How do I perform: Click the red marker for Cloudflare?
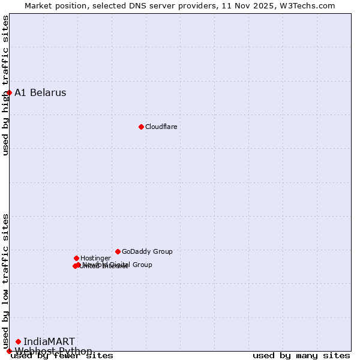[x=141, y=127]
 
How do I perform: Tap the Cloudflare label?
[x=161, y=127]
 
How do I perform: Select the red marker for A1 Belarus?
[x=9, y=92]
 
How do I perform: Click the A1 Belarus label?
[x=40, y=92]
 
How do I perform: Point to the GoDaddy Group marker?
[x=118, y=251]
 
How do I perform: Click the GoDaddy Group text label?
[x=147, y=251]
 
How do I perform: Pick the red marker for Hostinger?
[x=76, y=258]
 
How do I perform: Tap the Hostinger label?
[x=95, y=258]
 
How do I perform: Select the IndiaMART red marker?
[x=18, y=341]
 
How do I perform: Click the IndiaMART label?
[x=49, y=341]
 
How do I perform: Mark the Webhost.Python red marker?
[x=9, y=351]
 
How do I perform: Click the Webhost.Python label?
[x=53, y=351]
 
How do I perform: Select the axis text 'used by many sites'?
[x=301, y=356]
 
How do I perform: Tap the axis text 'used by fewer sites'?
[x=62, y=356]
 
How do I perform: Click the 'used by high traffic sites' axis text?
[x=6, y=85]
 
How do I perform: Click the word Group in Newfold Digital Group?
[x=142, y=265]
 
